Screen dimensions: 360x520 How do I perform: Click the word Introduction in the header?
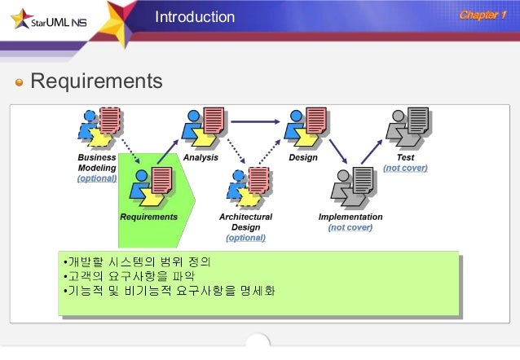pos(195,17)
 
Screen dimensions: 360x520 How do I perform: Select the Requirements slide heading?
pos(96,81)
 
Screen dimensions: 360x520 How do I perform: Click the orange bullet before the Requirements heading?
pos(20,82)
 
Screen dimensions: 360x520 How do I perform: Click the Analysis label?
pos(201,157)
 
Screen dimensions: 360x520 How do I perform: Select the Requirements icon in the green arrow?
pos(149,187)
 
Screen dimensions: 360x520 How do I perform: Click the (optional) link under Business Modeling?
pos(97,178)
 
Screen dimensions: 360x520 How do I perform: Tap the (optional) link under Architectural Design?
pos(245,238)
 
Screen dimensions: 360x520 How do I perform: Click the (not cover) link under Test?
pos(405,168)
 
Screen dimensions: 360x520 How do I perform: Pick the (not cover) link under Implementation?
pos(350,227)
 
